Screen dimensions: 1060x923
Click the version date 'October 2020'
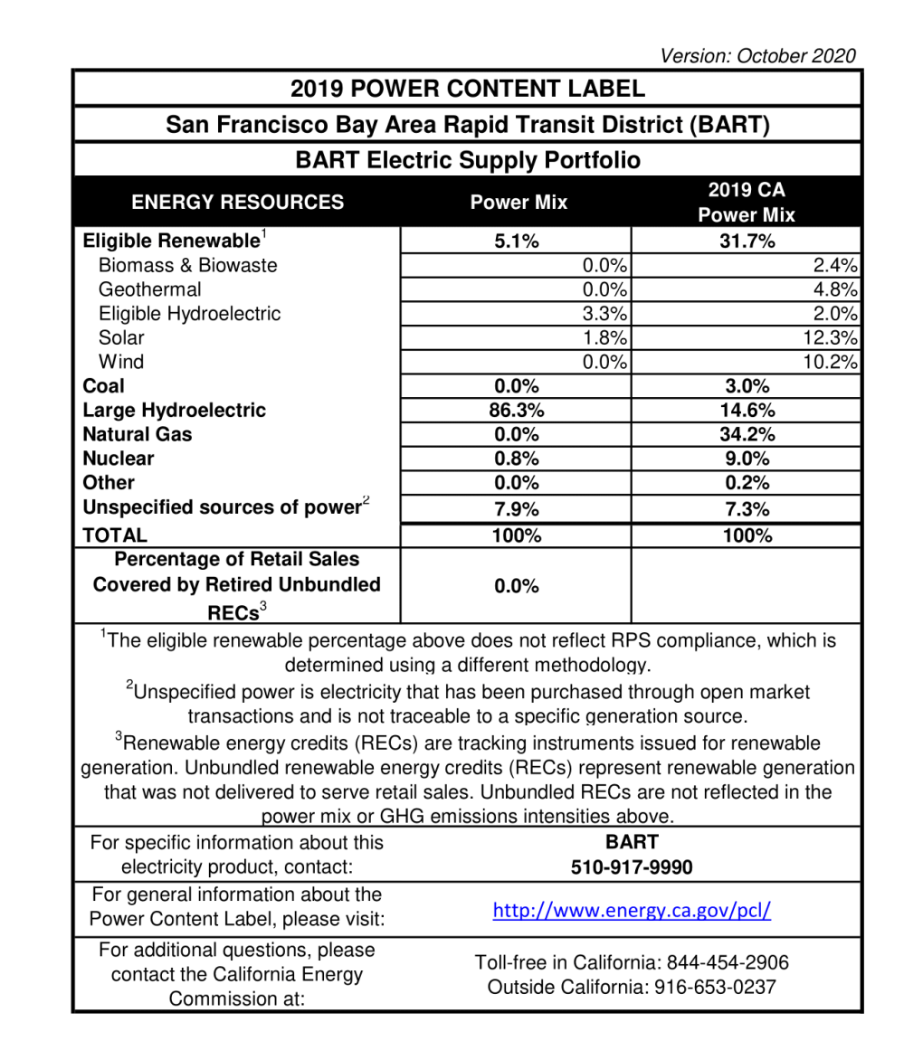(x=796, y=56)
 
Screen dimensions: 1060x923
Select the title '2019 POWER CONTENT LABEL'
(x=467, y=89)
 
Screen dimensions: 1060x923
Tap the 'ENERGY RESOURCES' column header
(x=237, y=203)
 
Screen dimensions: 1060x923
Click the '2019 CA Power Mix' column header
(x=746, y=203)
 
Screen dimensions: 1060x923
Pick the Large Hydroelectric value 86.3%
(x=516, y=411)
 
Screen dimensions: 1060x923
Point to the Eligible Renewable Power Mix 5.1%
(x=516, y=241)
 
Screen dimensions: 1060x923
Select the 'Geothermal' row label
(x=149, y=289)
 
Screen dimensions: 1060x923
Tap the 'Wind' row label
(x=120, y=362)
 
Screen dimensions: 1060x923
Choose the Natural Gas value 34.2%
(x=746, y=434)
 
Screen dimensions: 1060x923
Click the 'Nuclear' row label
(x=118, y=459)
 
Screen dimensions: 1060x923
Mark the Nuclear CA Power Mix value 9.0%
(x=746, y=459)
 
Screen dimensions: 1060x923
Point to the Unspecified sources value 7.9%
(x=516, y=509)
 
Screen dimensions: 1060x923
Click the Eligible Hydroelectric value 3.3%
(x=606, y=314)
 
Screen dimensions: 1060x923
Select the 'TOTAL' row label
(x=114, y=535)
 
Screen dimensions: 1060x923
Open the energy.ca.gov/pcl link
(x=632, y=910)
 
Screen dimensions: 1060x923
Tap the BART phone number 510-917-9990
(x=632, y=868)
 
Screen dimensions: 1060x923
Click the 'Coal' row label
(x=103, y=386)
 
